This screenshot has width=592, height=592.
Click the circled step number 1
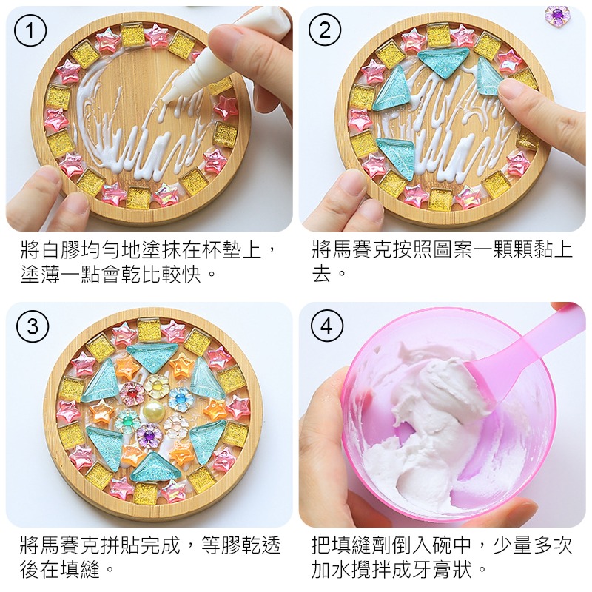[x=30, y=30]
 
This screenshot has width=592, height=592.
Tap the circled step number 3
[x=32, y=326]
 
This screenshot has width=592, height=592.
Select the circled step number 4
[x=326, y=326]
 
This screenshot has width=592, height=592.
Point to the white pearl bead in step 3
[x=154, y=408]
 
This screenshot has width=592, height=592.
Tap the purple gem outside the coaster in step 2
[x=557, y=14]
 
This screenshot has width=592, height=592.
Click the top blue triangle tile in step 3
[x=151, y=356]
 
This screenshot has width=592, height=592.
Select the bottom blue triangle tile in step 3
[x=152, y=467]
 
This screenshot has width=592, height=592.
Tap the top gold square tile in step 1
[x=133, y=33]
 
